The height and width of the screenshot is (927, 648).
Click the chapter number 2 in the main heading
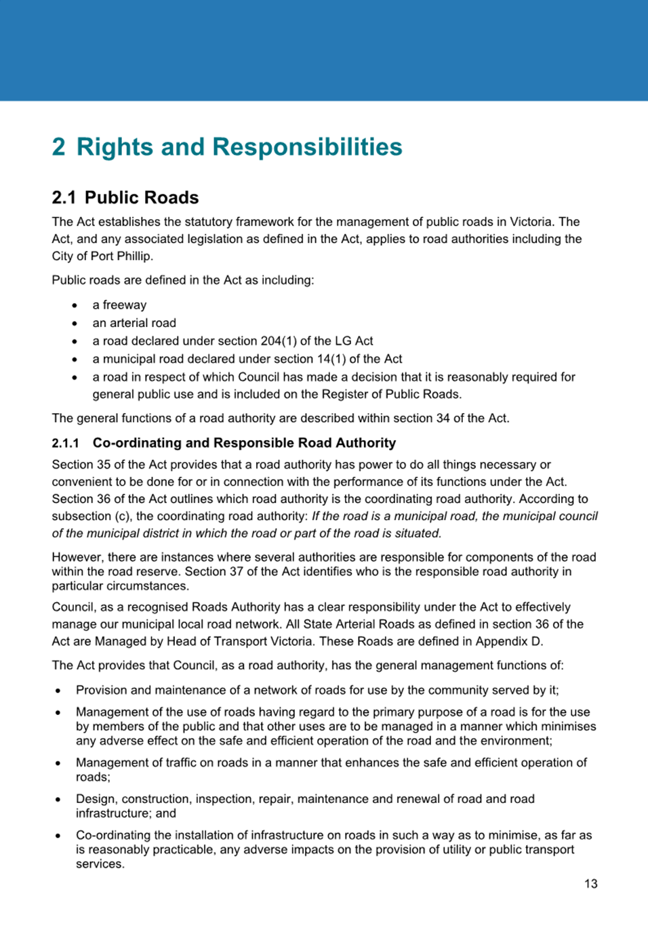tap(59, 147)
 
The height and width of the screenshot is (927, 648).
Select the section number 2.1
tap(64, 198)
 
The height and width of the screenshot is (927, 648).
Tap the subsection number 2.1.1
tap(65, 444)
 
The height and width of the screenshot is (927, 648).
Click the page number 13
tap(590, 884)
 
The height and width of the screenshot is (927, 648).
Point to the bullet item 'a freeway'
tap(119, 305)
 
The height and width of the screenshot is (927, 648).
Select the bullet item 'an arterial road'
tap(134, 323)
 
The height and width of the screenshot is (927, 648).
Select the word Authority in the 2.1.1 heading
tap(365, 443)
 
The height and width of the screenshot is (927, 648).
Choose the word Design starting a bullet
tap(96, 799)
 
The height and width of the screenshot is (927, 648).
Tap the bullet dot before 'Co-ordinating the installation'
tap(58, 836)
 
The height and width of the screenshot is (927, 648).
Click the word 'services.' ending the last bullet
tap(100, 864)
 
